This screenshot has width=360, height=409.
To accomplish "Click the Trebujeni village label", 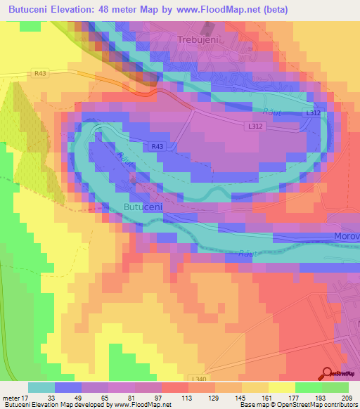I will pyautogui.click(x=198, y=41).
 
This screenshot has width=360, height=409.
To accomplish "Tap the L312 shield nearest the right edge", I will pyautogui.click(x=314, y=113).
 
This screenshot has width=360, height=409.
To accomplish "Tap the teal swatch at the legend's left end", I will pyautogui.click(x=41, y=387).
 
